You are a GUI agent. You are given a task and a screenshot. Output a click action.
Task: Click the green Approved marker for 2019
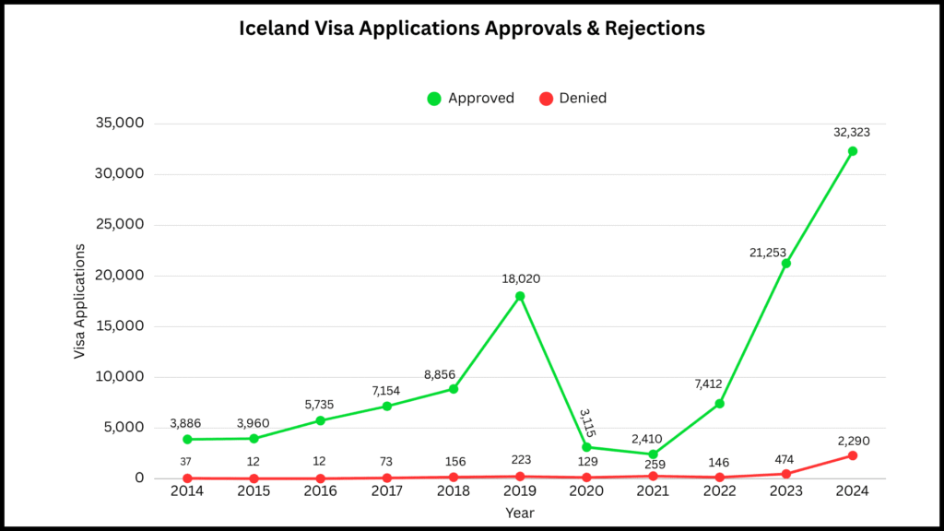(x=520, y=296)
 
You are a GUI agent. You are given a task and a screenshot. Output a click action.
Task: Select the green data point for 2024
(x=853, y=151)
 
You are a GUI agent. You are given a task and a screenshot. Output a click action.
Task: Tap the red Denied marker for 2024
(x=853, y=455)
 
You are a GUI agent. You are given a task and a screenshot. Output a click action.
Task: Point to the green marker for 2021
(x=653, y=454)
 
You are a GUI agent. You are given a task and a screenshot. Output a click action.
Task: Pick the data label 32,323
(x=852, y=132)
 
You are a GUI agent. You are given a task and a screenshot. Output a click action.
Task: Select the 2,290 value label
(x=852, y=441)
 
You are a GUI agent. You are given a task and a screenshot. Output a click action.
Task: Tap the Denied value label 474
(x=785, y=459)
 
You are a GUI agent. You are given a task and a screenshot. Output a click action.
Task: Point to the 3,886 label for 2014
(x=185, y=423)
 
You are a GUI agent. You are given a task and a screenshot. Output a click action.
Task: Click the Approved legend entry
(x=471, y=98)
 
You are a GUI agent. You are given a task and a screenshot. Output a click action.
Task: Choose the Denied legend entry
(x=572, y=98)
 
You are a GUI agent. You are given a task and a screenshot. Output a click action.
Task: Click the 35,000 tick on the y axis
(x=122, y=124)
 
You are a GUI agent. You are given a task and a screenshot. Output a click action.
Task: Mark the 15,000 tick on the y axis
(x=122, y=326)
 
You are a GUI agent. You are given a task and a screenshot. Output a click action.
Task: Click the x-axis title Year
(x=519, y=512)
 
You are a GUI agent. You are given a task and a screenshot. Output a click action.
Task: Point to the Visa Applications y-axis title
(x=80, y=301)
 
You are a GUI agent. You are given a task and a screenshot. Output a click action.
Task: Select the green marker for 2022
(x=719, y=404)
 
